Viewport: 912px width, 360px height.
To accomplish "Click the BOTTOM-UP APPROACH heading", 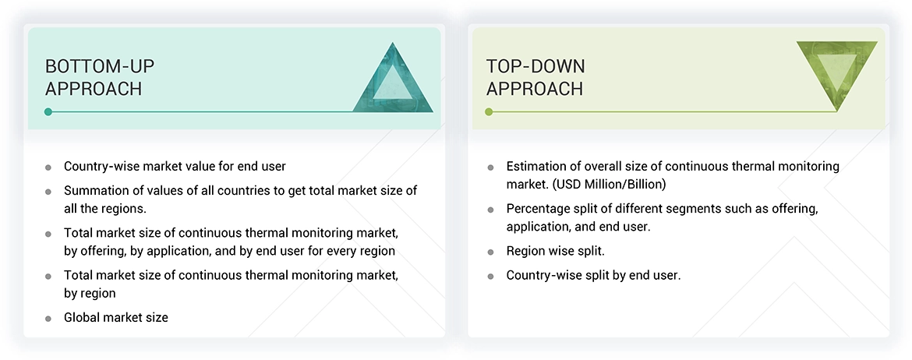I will tap(94, 77).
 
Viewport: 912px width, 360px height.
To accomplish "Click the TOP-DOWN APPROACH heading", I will tap(535, 77).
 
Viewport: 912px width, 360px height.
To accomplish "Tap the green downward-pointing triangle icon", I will tap(836, 73).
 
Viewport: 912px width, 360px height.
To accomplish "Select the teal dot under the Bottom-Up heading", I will tap(48, 112).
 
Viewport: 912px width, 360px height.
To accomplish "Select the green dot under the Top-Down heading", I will tap(489, 112).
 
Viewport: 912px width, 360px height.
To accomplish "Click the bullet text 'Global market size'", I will tap(115, 317).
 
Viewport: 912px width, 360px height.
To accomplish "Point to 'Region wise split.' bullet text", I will tap(556, 252).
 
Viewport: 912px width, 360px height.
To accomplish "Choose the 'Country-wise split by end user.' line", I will tap(593, 275).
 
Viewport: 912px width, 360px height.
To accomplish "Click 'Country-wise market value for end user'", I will tap(175, 166).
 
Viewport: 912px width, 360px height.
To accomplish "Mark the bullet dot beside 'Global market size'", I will tap(48, 318).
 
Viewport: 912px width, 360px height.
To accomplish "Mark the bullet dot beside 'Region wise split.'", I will tap(490, 252).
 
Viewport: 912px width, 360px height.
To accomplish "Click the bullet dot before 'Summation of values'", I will tap(48, 191).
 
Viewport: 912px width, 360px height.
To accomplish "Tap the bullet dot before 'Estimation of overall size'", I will tap(490, 167).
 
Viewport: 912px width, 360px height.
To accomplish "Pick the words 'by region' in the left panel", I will tap(90, 294).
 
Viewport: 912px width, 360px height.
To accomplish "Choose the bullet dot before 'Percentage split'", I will tap(490, 210).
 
